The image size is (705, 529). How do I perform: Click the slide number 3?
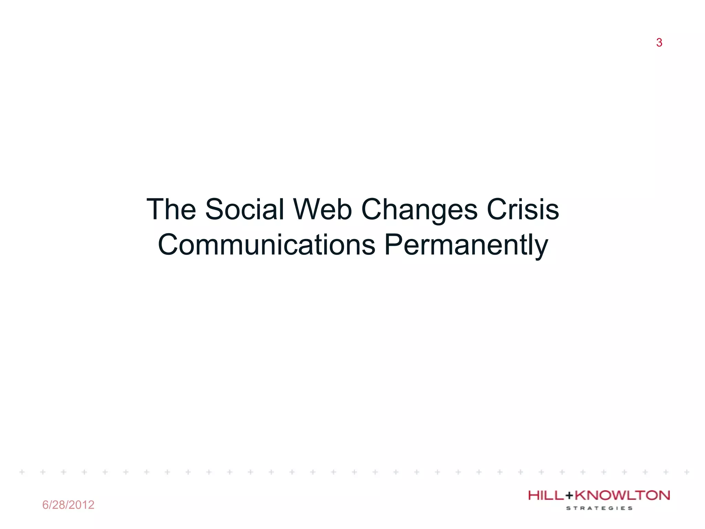click(659, 43)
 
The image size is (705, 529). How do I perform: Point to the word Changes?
click(419, 210)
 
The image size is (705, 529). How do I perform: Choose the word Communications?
click(266, 245)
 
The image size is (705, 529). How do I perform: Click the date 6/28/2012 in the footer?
click(68, 505)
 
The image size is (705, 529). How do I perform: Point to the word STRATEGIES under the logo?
click(599, 508)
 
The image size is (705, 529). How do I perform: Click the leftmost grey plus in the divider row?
click(22, 472)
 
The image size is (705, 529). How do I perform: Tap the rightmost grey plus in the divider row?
click(686, 472)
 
